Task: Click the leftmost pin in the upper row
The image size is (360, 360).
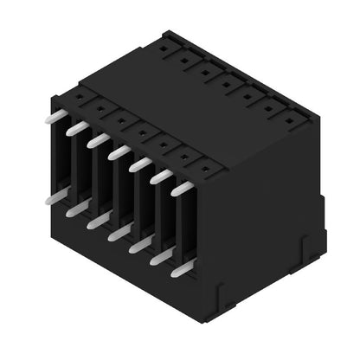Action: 55,115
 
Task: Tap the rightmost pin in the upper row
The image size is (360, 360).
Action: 182,188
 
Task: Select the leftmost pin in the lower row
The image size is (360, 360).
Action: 54,197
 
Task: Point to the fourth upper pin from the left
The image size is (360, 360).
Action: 119,152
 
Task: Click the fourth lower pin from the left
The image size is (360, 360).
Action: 118,234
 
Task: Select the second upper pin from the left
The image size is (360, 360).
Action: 76,128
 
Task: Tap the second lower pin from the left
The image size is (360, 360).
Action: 75,209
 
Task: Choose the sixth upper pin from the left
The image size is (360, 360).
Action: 161,176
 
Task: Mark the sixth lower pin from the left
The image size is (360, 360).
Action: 160,257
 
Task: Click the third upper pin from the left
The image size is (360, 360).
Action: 98,140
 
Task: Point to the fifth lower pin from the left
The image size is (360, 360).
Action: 138,246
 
